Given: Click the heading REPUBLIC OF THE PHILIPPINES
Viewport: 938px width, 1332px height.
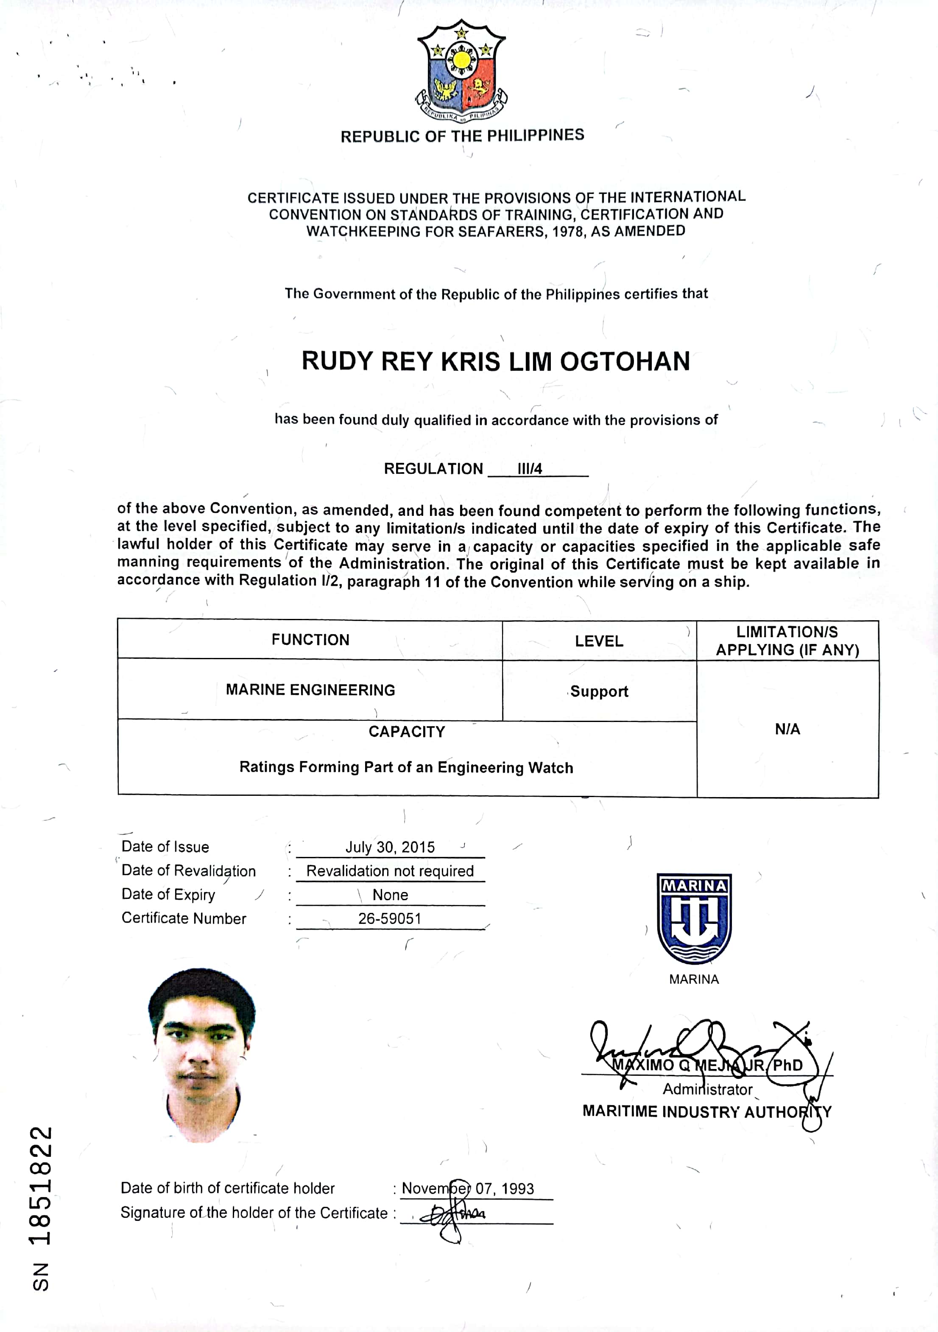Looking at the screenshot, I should coord(462,136).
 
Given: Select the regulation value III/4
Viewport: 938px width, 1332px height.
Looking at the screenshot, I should coord(530,469).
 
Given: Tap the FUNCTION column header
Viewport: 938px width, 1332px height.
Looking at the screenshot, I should coord(310,640).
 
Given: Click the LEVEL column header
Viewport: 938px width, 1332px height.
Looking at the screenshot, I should coord(599,641).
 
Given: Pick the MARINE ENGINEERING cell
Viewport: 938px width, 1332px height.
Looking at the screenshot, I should coord(310,690).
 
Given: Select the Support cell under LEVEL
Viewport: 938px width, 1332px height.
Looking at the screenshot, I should coord(599,691).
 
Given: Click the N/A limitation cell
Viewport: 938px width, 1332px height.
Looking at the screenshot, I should coord(787,729).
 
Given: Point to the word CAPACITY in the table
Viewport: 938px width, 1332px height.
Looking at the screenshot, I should coord(407,732).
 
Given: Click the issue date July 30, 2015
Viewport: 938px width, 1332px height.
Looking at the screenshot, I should coord(390,847).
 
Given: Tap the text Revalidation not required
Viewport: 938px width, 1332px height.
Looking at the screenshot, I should coord(390,871).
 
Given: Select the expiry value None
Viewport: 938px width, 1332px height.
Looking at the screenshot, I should coord(390,895).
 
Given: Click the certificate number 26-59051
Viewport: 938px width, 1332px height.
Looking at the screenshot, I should coord(390,918).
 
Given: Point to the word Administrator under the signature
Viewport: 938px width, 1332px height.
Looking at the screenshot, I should coord(707,1089).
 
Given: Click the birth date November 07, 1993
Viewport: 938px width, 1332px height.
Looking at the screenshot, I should coord(468,1189).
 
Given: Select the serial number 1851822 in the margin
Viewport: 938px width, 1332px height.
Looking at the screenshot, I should coord(41,1186).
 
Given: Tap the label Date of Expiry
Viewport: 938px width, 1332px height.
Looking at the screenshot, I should coord(168,895).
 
